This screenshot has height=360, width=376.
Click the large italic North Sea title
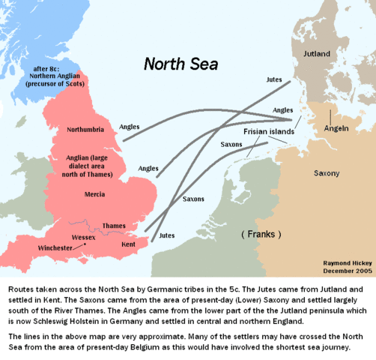(181, 64)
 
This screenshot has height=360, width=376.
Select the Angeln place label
(335, 128)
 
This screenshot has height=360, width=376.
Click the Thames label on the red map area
(114, 225)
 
